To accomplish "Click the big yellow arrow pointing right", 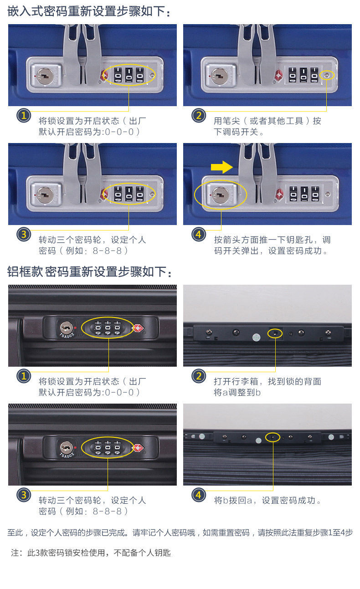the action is tap(221, 167).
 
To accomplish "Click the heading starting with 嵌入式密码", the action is tap(89, 11).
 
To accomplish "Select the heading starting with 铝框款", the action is tap(89, 271).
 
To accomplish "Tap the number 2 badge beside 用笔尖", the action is tap(199, 115).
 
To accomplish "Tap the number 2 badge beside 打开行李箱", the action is tap(199, 376).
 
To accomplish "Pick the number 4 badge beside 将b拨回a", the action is tap(199, 495).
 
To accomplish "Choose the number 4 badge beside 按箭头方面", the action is tap(199, 234).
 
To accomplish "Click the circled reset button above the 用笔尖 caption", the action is tap(327, 76).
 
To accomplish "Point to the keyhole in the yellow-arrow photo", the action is tap(221, 195).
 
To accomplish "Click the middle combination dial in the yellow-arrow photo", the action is tap(304, 194).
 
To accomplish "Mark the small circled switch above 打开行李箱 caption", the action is tap(275, 334).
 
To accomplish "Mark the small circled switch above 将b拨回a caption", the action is tap(273, 437).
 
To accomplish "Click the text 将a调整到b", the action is tap(237, 392).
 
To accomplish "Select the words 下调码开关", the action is tap(236, 132).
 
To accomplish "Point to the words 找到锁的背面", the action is tap(294, 381).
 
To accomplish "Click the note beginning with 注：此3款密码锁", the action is tap(91, 553).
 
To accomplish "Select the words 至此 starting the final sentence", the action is tap(15, 533).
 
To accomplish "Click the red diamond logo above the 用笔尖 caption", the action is tap(279, 76).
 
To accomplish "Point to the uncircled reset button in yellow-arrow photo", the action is tap(327, 194).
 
